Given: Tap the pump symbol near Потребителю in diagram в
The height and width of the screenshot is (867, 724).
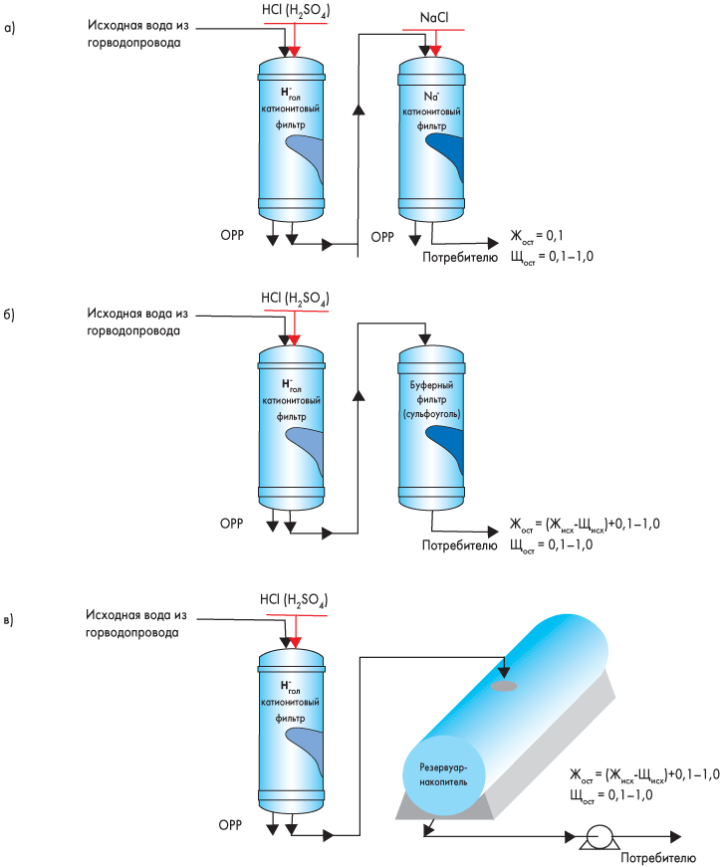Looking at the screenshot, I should pos(598,838).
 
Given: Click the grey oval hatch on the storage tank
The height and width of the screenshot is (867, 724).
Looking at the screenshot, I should pos(503,685).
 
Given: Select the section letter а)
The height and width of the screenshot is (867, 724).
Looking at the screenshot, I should pos(11,29).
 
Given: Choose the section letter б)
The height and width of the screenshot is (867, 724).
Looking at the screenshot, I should pos(11,315).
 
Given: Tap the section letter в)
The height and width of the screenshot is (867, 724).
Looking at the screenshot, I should pos(11,620).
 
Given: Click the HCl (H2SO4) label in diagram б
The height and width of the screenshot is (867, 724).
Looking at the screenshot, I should pos(294,298).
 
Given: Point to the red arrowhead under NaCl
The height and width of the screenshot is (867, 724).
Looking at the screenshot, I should pos(434,49).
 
